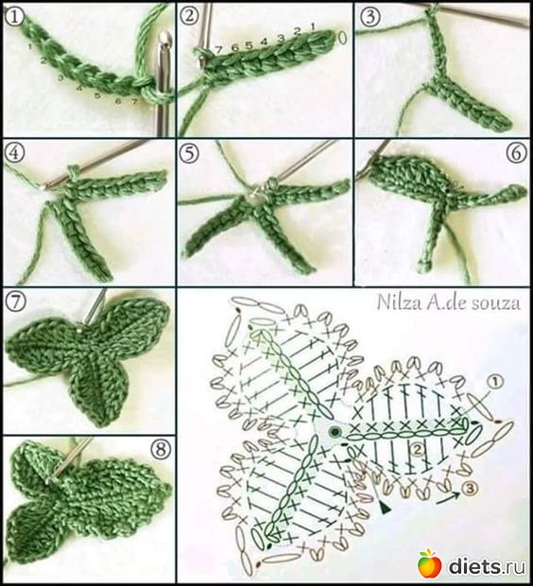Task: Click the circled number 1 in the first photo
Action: tap(14, 17)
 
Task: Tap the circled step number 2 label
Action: tap(190, 16)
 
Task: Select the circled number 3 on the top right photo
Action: tap(370, 16)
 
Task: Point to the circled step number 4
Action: tap(14, 153)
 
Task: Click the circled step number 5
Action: tap(189, 153)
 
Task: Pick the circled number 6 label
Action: tap(517, 152)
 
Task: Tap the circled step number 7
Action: tap(14, 302)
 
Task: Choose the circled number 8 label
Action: tap(161, 449)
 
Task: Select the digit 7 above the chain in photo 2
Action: tap(219, 50)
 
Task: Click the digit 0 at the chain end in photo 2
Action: tap(342, 38)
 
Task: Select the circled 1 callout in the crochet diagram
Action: tap(495, 382)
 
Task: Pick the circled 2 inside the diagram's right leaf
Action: tap(417, 449)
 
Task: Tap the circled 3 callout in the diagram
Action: tap(470, 488)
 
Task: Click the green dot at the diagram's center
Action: tap(335, 432)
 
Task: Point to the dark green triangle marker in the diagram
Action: tap(384, 508)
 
